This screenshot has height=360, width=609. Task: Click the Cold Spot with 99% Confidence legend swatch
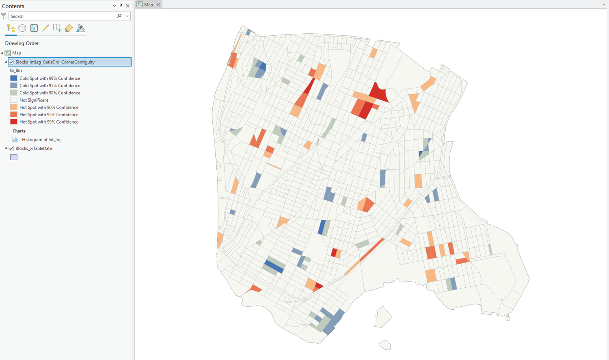[14, 78]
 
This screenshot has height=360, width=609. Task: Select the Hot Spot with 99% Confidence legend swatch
[14, 122]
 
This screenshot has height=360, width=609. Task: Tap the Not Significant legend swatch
[14, 100]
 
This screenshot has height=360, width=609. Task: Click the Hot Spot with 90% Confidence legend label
[49, 107]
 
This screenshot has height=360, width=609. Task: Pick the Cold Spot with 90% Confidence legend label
[50, 93]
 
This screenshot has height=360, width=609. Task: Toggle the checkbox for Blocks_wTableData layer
[11, 148]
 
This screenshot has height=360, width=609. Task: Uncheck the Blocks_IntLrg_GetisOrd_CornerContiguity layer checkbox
[11, 62]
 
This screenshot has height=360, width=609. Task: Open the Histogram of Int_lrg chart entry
[41, 140]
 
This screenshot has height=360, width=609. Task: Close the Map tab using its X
[158, 4]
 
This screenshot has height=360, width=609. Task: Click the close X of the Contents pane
[128, 6]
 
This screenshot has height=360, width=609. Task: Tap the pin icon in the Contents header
[121, 6]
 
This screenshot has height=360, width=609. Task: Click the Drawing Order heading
[22, 43]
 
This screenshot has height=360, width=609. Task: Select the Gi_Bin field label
[16, 70]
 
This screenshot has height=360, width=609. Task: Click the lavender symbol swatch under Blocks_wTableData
[14, 157]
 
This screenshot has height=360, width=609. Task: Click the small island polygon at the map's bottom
[384, 345]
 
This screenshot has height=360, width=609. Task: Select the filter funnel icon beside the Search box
[4, 16]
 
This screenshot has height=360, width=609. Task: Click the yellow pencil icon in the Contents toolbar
[45, 28]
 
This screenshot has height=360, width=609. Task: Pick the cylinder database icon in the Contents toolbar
[22, 28]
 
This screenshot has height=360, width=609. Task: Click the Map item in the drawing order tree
[16, 53]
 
